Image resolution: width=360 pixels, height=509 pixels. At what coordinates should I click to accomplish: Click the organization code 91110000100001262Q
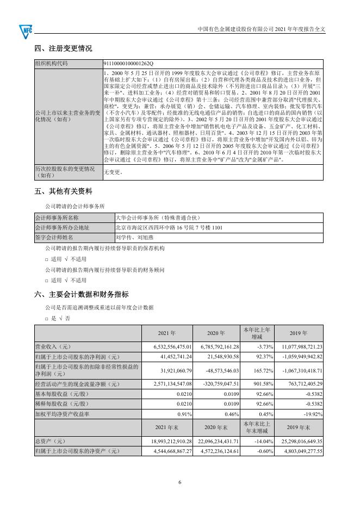coord(128,63)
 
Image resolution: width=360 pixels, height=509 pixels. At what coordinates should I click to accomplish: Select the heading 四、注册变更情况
coord(63,48)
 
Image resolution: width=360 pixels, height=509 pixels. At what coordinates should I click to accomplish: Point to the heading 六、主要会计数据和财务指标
coord(82,294)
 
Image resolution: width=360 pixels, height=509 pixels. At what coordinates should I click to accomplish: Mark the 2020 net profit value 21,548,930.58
coord(218,357)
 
